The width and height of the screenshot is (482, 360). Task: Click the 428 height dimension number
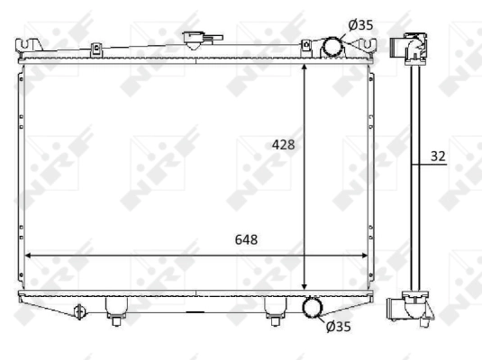(284, 144)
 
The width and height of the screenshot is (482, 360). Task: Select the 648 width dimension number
(247, 239)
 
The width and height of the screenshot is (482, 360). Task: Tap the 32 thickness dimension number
(438, 156)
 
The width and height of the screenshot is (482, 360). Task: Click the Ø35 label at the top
(360, 24)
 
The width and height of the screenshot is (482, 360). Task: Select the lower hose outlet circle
(314, 309)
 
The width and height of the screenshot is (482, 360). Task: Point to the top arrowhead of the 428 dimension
(306, 67)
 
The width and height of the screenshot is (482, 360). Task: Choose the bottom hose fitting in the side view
(408, 309)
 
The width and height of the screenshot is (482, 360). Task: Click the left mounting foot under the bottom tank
(114, 310)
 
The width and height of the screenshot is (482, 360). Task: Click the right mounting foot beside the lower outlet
(273, 310)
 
